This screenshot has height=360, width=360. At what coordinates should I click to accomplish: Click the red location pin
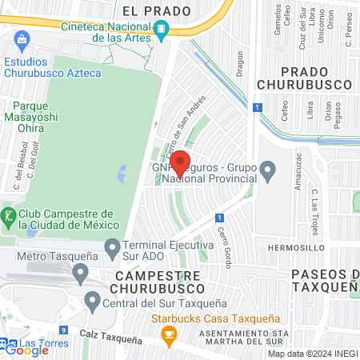tap(181, 164)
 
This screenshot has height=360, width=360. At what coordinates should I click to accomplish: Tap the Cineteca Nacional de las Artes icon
tap(162, 30)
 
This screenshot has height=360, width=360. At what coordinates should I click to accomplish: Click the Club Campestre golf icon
tap(9, 215)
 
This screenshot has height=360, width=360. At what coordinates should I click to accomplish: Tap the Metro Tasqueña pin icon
tap(80, 274)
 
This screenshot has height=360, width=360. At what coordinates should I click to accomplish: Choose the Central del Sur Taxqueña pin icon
tap(92, 302)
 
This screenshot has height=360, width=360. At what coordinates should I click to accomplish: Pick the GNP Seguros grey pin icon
tap(269, 170)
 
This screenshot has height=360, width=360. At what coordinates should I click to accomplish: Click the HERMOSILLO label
tap(296, 248)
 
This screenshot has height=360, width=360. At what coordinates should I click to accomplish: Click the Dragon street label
tap(238, 62)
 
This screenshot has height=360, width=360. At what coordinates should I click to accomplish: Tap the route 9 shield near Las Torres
tap(63, 330)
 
